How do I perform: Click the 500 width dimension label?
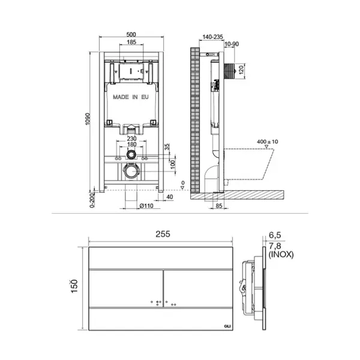(x=131, y=34)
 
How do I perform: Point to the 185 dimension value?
(x=131, y=42)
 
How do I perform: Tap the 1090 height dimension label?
(x=88, y=119)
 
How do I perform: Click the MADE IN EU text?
(x=131, y=97)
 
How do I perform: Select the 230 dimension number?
(x=131, y=139)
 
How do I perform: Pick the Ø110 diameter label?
(x=146, y=206)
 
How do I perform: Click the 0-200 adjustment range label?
(x=92, y=200)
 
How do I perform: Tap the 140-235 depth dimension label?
(x=212, y=37)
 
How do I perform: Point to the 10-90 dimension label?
(x=232, y=44)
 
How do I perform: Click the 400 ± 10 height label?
(x=267, y=142)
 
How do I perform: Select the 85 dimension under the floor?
(x=219, y=206)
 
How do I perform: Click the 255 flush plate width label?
(x=163, y=234)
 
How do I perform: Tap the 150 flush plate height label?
(x=74, y=286)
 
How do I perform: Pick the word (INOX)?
(x=281, y=254)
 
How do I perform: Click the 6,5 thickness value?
(x=275, y=235)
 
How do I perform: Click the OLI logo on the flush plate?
(x=227, y=326)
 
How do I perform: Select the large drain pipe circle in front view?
(x=131, y=171)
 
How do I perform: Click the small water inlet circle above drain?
(x=131, y=155)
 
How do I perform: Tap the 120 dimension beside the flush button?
(x=241, y=70)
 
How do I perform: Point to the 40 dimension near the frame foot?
(x=169, y=197)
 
